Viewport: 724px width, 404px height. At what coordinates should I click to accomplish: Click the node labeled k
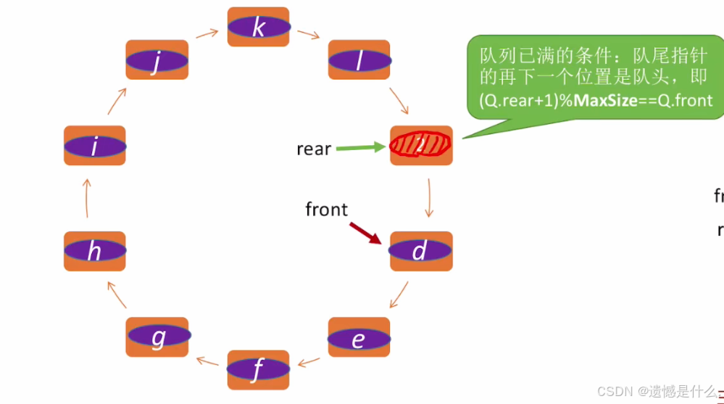coord(259,27)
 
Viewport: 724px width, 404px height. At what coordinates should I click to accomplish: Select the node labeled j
coord(157,60)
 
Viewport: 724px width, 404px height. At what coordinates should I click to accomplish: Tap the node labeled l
coord(359,60)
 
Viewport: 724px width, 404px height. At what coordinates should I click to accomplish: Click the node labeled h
coord(95,251)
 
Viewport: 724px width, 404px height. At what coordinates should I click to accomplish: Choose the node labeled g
coord(157,337)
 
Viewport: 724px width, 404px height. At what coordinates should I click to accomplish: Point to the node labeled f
coord(259,369)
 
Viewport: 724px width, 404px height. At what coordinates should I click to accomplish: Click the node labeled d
coord(421,251)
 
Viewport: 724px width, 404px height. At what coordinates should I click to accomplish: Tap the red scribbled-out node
coord(421,145)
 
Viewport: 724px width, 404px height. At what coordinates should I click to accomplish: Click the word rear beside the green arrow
coord(314,149)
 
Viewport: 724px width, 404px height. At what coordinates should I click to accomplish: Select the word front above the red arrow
coord(326,210)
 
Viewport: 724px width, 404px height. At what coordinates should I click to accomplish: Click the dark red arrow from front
coord(365,233)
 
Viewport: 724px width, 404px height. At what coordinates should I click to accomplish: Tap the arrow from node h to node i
coord(87,199)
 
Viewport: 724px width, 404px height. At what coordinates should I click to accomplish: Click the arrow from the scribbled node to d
coord(428,197)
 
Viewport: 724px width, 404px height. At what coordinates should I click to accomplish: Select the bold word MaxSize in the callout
coord(605,100)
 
